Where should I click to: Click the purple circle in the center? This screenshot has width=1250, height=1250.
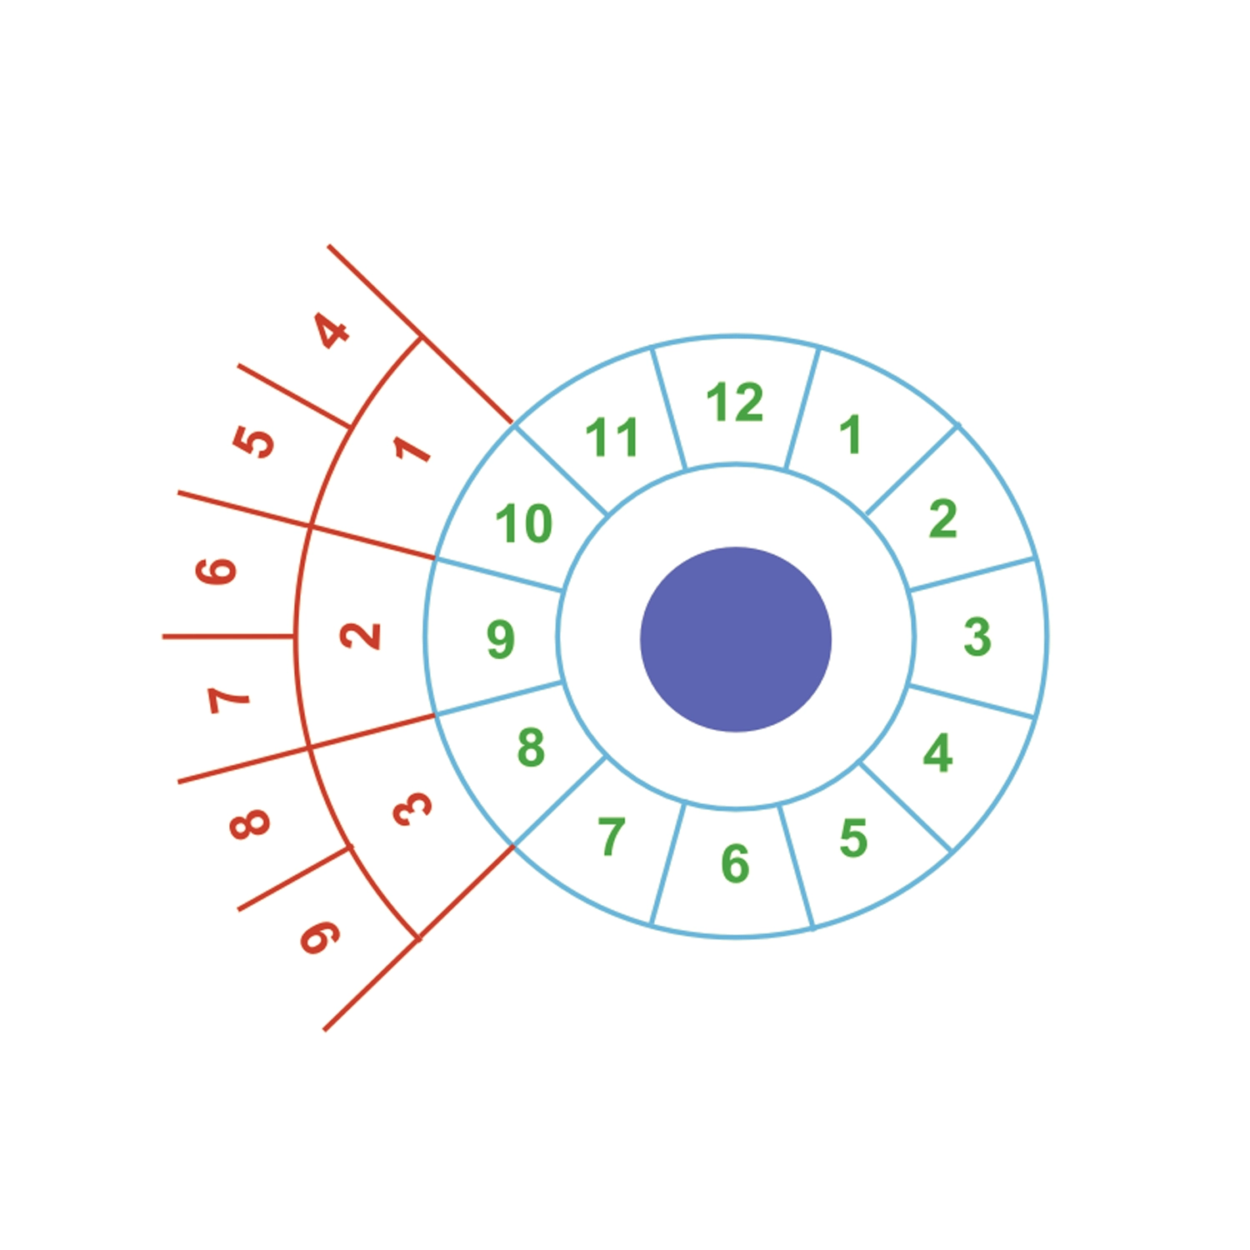coord(736,639)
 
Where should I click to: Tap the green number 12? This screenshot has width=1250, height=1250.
coord(734,402)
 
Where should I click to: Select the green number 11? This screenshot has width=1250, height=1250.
coord(612,437)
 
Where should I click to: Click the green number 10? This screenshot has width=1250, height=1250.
coord(524,523)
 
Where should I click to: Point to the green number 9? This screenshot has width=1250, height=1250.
coord(501,639)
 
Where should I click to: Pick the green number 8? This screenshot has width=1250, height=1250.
coord(531,747)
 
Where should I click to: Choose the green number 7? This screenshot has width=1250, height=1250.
coord(612,836)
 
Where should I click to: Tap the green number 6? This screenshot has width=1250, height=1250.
coord(735,862)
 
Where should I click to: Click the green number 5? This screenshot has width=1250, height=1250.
coord(853,837)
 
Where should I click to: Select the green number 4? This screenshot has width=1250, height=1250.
coord(937,753)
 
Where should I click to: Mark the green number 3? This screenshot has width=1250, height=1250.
coord(977,637)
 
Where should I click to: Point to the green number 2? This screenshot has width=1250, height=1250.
coord(943,518)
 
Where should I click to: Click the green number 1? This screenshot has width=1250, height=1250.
coord(850,434)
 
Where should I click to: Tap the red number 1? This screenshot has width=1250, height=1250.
coord(412,449)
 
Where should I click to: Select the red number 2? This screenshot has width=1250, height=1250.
coord(360,636)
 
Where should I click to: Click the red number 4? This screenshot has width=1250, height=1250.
coord(332,331)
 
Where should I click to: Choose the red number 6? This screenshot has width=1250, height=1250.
coord(216,570)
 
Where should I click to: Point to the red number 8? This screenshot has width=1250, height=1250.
coord(249,823)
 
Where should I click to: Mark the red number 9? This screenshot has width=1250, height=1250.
coord(320,937)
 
